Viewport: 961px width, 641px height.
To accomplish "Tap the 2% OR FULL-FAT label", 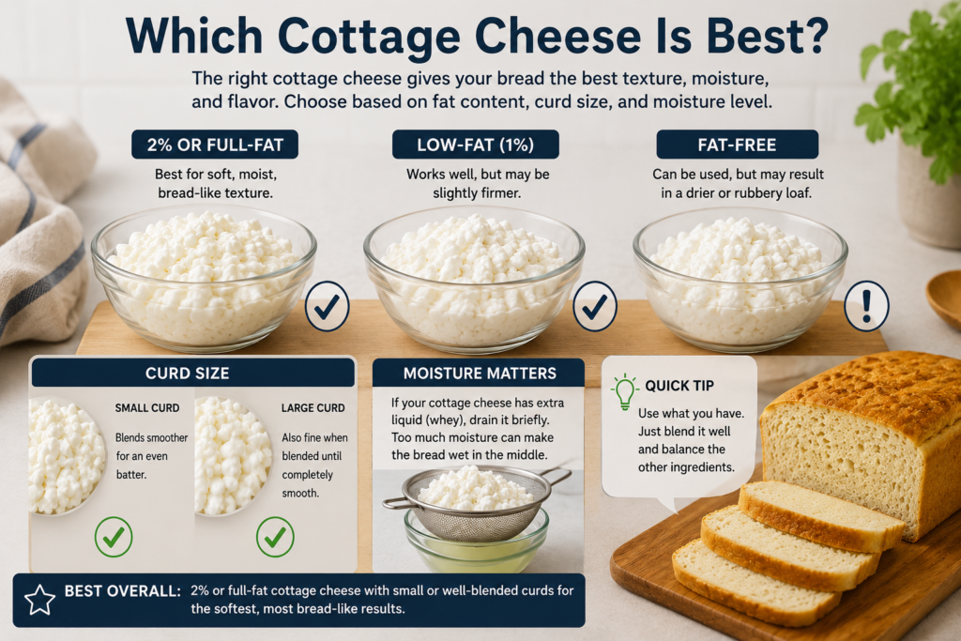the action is click(215, 145).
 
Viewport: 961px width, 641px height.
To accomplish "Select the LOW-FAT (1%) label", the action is click(476, 145).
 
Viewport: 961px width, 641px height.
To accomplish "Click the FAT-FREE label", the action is click(738, 145).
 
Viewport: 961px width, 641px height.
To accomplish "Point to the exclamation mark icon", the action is click(866, 306).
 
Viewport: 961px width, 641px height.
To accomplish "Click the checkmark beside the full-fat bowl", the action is click(327, 306).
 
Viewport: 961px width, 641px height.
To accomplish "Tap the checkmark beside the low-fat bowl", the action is click(594, 306).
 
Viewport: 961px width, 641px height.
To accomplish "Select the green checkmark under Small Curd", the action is click(114, 537).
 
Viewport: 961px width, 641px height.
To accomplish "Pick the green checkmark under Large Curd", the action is click(275, 537).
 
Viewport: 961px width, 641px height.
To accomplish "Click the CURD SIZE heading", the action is click(188, 374).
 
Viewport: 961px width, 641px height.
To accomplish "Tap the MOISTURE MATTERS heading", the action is click(480, 374).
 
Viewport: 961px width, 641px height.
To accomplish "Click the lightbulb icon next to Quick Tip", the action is click(624, 391).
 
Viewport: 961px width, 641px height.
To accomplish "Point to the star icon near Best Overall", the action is click(39, 600).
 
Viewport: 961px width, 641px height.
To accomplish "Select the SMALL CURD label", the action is click(147, 408).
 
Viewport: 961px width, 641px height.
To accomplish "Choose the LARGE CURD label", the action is click(313, 408).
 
